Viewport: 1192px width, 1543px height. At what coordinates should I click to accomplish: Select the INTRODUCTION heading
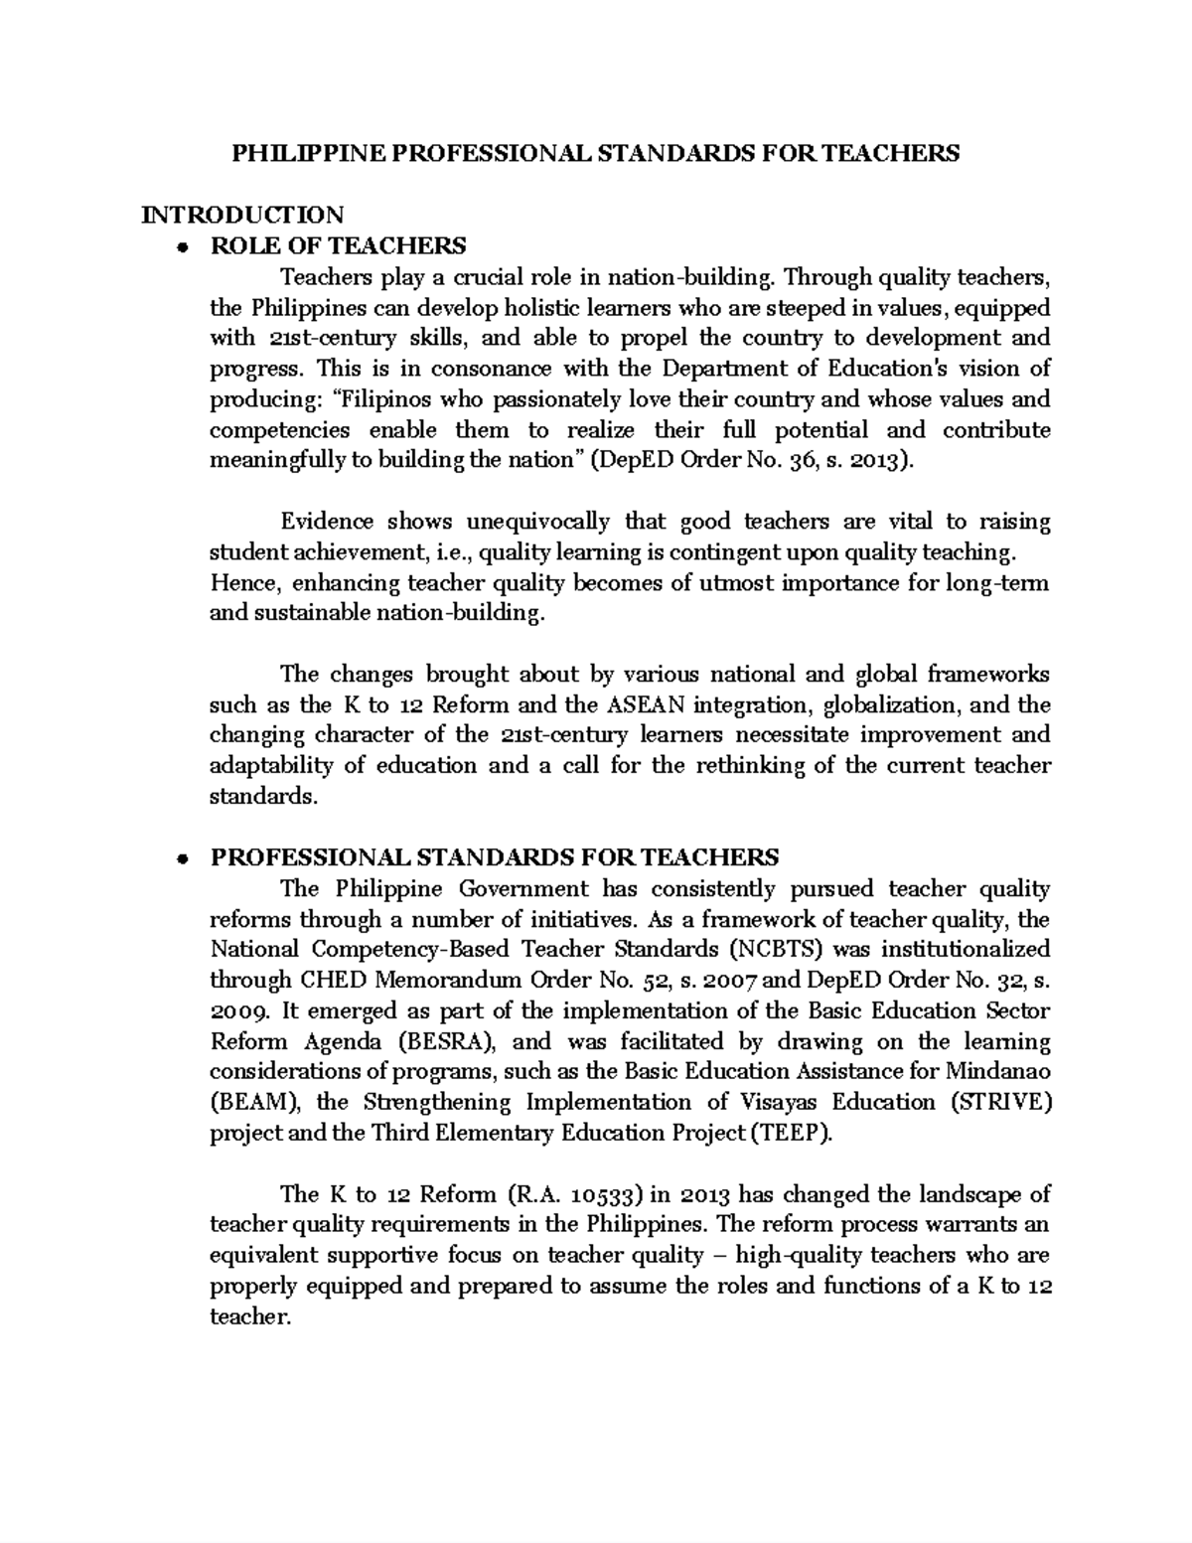(242, 215)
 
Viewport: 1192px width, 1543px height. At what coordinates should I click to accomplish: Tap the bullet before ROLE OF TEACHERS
(181, 247)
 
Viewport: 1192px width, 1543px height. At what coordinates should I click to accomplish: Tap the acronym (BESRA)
(439, 1041)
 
